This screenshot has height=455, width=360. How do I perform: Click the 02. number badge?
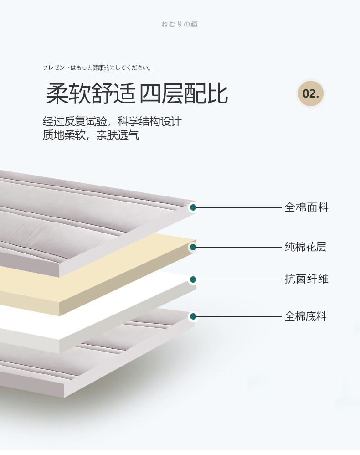(x=311, y=93)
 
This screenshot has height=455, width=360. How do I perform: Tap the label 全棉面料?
(x=306, y=207)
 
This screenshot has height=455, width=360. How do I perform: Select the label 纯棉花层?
(x=305, y=247)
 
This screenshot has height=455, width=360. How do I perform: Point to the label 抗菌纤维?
(x=306, y=279)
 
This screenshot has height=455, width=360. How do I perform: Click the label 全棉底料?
(x=305, y=316)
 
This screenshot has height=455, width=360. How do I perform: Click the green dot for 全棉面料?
(x=193, y=207)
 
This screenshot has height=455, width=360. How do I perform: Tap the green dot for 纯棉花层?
(x=193, y=247)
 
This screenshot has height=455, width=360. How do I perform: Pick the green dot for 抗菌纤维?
(x=193, y=279)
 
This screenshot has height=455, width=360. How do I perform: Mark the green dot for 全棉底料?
(x=193, y=316)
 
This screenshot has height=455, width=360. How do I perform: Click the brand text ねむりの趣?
(x=180, y=24)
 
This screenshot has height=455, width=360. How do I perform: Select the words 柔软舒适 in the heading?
(x=91, y=93)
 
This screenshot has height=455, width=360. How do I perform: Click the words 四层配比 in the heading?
(x=184, y=93)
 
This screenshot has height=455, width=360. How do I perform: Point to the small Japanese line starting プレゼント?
(x=97, y=67)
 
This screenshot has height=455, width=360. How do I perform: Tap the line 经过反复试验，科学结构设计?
(x=112, y=121)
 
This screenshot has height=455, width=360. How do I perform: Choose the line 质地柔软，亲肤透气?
(x=91, y=135)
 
